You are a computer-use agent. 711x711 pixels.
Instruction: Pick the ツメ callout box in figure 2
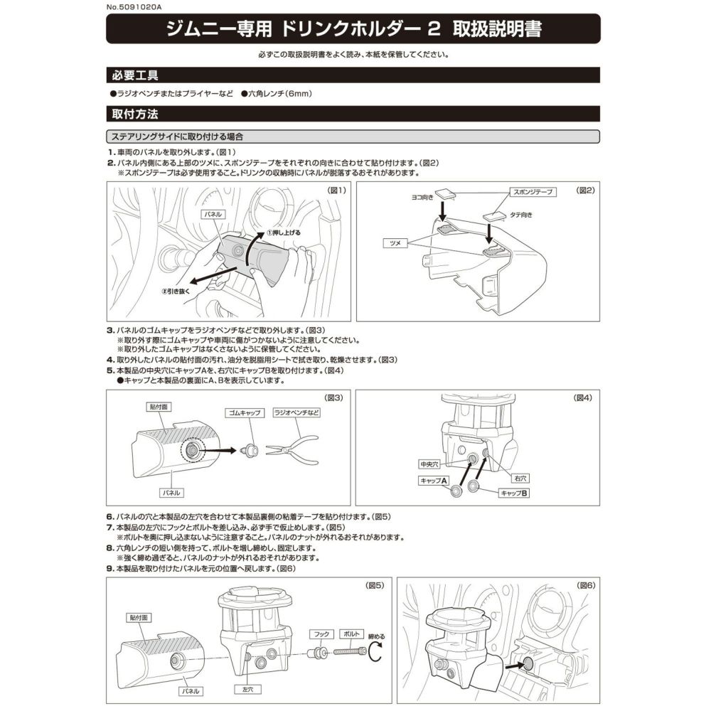point(395,243)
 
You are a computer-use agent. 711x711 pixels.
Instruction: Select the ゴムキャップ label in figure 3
point(242,412)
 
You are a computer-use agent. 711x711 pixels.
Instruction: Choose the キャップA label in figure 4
point(433,481)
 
